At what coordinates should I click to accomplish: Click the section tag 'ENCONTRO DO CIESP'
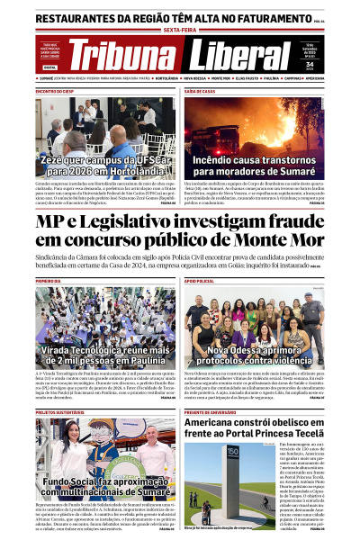[55, 92]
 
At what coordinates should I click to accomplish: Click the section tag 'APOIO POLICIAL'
[201, 282]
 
